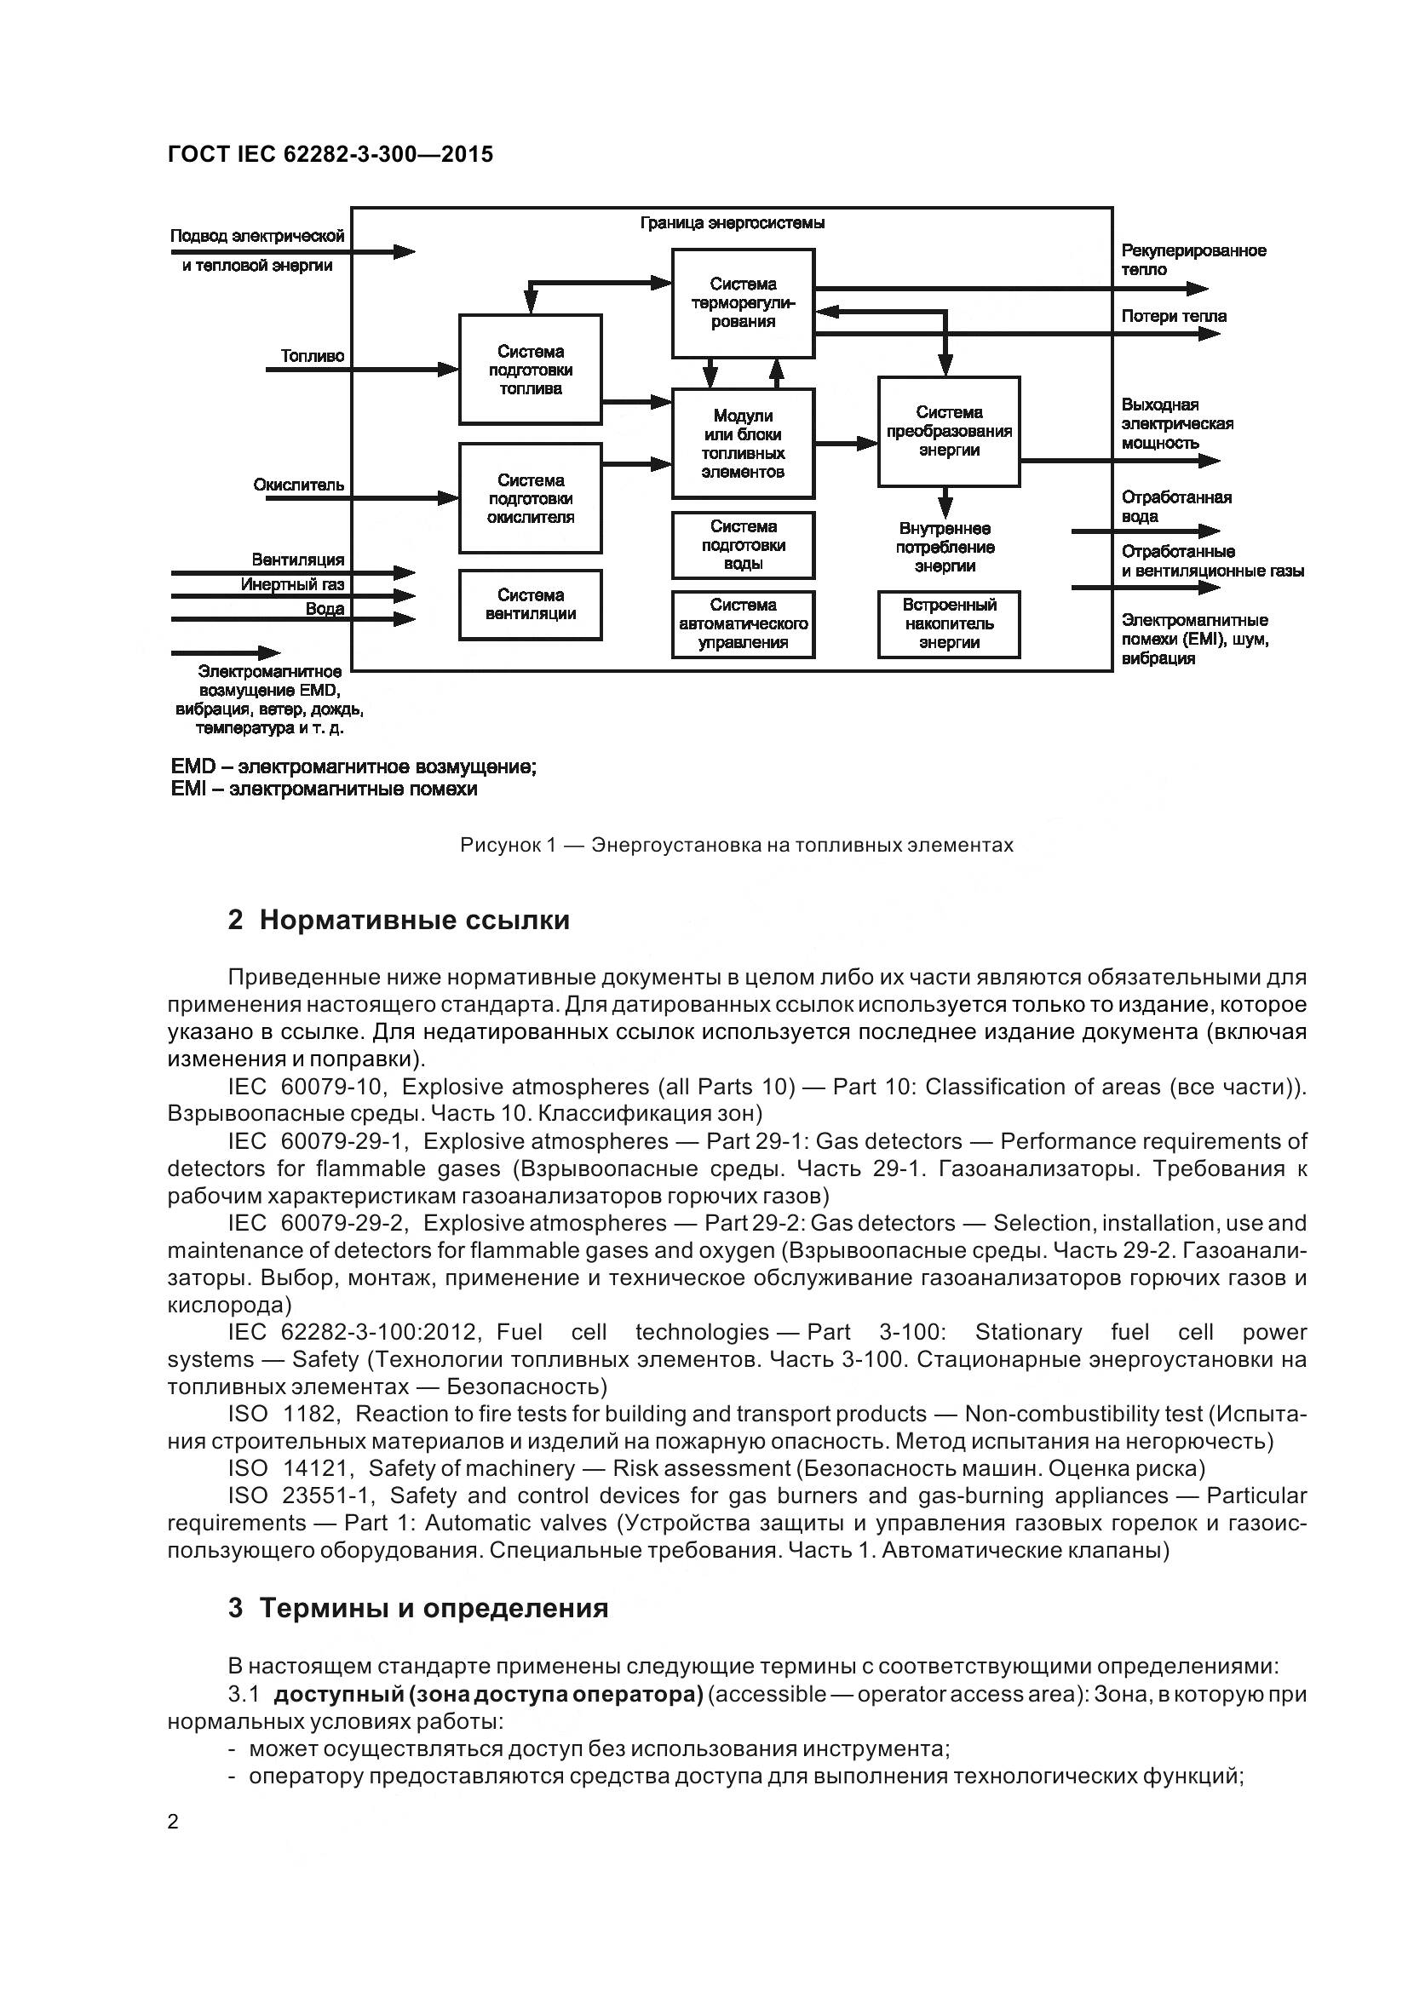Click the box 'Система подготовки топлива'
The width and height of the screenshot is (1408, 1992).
[x=530, y=370]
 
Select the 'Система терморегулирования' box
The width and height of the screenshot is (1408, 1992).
[x=743, y=303]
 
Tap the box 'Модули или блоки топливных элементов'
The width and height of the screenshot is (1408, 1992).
[x=743, y=444]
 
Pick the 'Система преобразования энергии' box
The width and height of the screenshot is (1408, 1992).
[x=948, y=431]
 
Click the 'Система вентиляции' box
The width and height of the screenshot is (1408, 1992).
[x=530, y=605]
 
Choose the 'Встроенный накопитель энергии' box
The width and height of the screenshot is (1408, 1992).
[x=948, y=623]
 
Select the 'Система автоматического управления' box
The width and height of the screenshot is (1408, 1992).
[x=743, y=623]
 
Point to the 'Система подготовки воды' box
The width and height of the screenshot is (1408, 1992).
[x=743, y=545]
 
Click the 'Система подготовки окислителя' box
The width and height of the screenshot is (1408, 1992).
[x=530, y=498]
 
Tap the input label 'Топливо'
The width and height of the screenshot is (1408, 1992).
[x=313, y=356]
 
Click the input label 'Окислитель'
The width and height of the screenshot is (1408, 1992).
[x=298, y=484]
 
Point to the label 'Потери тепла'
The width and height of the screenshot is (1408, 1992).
[x=1173, y=316]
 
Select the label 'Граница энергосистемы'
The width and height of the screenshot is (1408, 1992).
[x=733, y=223]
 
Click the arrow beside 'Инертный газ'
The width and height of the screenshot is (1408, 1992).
[x=382, y=596]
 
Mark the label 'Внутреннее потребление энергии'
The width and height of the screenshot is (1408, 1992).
[x=945, y=548]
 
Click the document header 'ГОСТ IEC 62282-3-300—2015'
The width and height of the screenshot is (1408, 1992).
[x=330, y=154]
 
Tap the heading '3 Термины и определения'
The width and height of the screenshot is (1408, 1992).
[x=417, y=1608]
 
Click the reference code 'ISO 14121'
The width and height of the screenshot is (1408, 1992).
[x=287, y=1468]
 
